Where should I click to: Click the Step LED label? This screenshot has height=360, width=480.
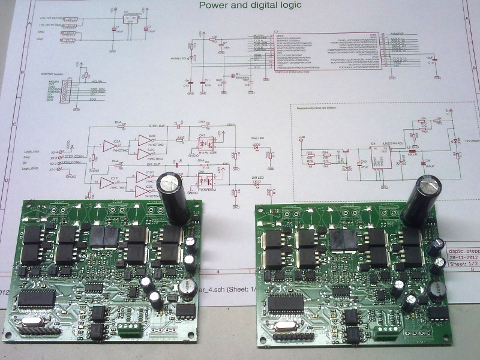tap(257, 138)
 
